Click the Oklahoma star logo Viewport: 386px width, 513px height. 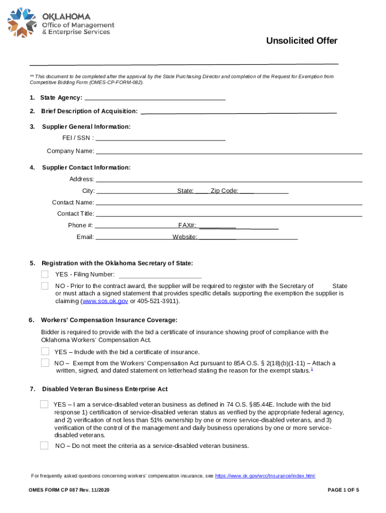pyautogui.click(x=22, y=23)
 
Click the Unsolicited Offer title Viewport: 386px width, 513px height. pyautogui.click(x=301, y=41)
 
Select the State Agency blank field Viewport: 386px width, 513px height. pyautogui.click(x=155, y=98)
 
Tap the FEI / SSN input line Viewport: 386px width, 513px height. pyautogui.click(x=160, y=138)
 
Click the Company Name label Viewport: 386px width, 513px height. pyautogui.click(x=70, y=151)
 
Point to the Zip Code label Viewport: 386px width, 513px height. pyautogui.click(x=224, y=191)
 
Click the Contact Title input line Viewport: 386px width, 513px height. pyautogui.click(x=229, y=214)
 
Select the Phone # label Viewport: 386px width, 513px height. pyautogui.click(x=80, y=225)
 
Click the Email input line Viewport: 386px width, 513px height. pyautogui.click(x=133, y=237)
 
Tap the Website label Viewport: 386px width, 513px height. pyautogui.click(x=184, y=237)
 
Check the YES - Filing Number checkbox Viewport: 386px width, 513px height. pyautogui.click(x=45, y=274)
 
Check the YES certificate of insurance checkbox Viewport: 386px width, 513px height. pyautogui.click(x=45, y=351)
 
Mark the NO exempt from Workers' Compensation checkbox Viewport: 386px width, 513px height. pyautogui.click(x=45, y=363)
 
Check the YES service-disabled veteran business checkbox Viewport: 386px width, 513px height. pyautogui.click(x=44, y=404)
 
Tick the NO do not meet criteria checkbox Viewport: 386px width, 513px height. pyautogui.click(x=44, y=445)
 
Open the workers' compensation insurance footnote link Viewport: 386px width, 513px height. pyautogui.click(x=265, y=476)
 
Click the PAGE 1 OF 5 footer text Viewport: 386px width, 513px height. pyautogui.click(x=343, y=490)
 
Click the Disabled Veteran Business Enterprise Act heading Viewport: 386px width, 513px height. pyautogui.click(x=105, y=389)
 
